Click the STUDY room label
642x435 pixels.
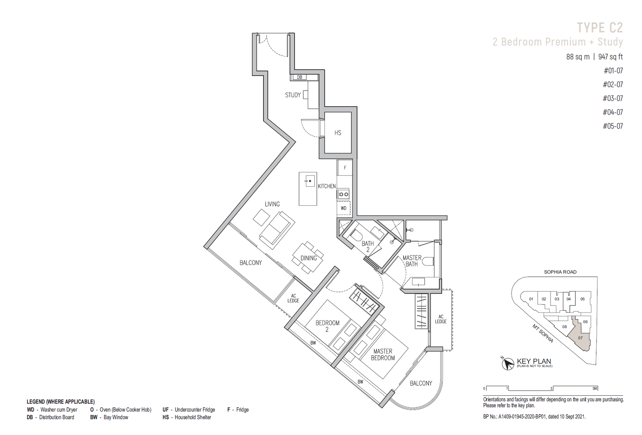pos(293,95)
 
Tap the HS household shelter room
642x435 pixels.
pos(337,133)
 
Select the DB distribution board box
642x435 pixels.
pos(299,77)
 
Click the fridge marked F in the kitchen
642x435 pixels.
pos(345,168)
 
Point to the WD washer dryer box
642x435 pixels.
pos(343,208)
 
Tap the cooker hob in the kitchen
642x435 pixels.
pos(343,194)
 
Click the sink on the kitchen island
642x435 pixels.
pos(310,181)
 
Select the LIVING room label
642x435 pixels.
pos(272,204)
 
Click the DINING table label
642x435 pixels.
pos(309,258)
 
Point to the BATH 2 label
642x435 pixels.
pos(368,247)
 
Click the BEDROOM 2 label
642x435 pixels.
pos(327,326)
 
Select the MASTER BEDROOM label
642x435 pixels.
pos(383,354)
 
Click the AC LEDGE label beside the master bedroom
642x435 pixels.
pos(441,319)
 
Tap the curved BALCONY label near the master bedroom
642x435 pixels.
pos(421,383)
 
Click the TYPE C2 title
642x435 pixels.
pos(600,28)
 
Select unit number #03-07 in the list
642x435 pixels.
pos(613,98)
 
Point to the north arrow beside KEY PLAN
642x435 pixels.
pos(508,363)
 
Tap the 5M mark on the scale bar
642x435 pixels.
pos(595,388)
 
